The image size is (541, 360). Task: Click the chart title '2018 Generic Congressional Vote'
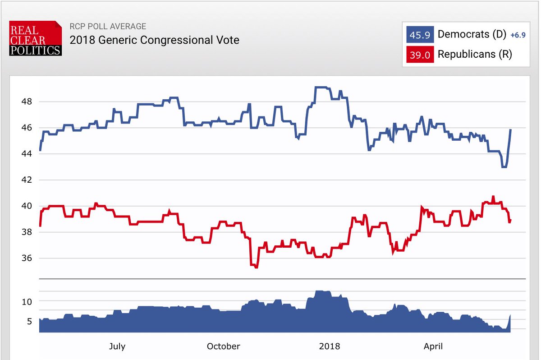point(154,40)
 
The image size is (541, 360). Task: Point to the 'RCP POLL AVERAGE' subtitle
point(108,27)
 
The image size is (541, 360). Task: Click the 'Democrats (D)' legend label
point(471,34)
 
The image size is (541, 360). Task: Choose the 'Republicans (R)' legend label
point(475,55)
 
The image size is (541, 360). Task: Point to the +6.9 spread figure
point(517,35)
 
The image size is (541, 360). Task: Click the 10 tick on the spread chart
point(27,301)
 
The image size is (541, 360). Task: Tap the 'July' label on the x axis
point(117,346)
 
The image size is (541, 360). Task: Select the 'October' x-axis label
point(224,346)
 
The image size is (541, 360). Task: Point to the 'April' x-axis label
point(433,346)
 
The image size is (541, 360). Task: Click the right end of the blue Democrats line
point(510,130)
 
